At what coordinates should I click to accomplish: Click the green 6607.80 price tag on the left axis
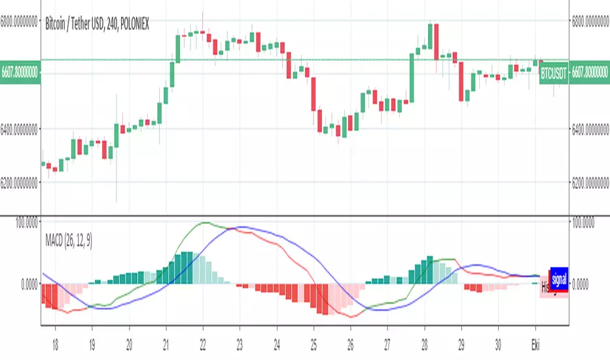tap(20, 71)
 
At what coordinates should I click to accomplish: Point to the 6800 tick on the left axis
tap(20, 21)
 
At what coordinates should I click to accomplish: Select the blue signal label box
tap(558, 278)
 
